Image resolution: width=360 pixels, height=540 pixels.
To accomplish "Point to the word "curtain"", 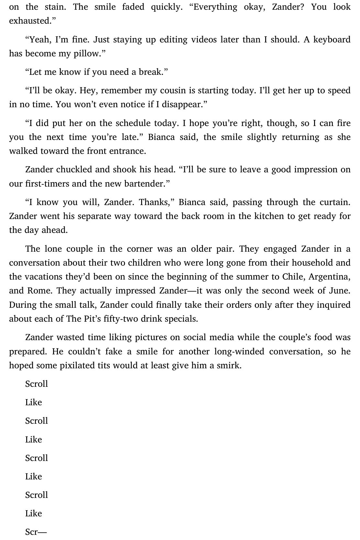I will point(335,202).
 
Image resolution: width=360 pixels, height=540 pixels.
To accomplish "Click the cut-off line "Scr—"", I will point(36,532).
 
